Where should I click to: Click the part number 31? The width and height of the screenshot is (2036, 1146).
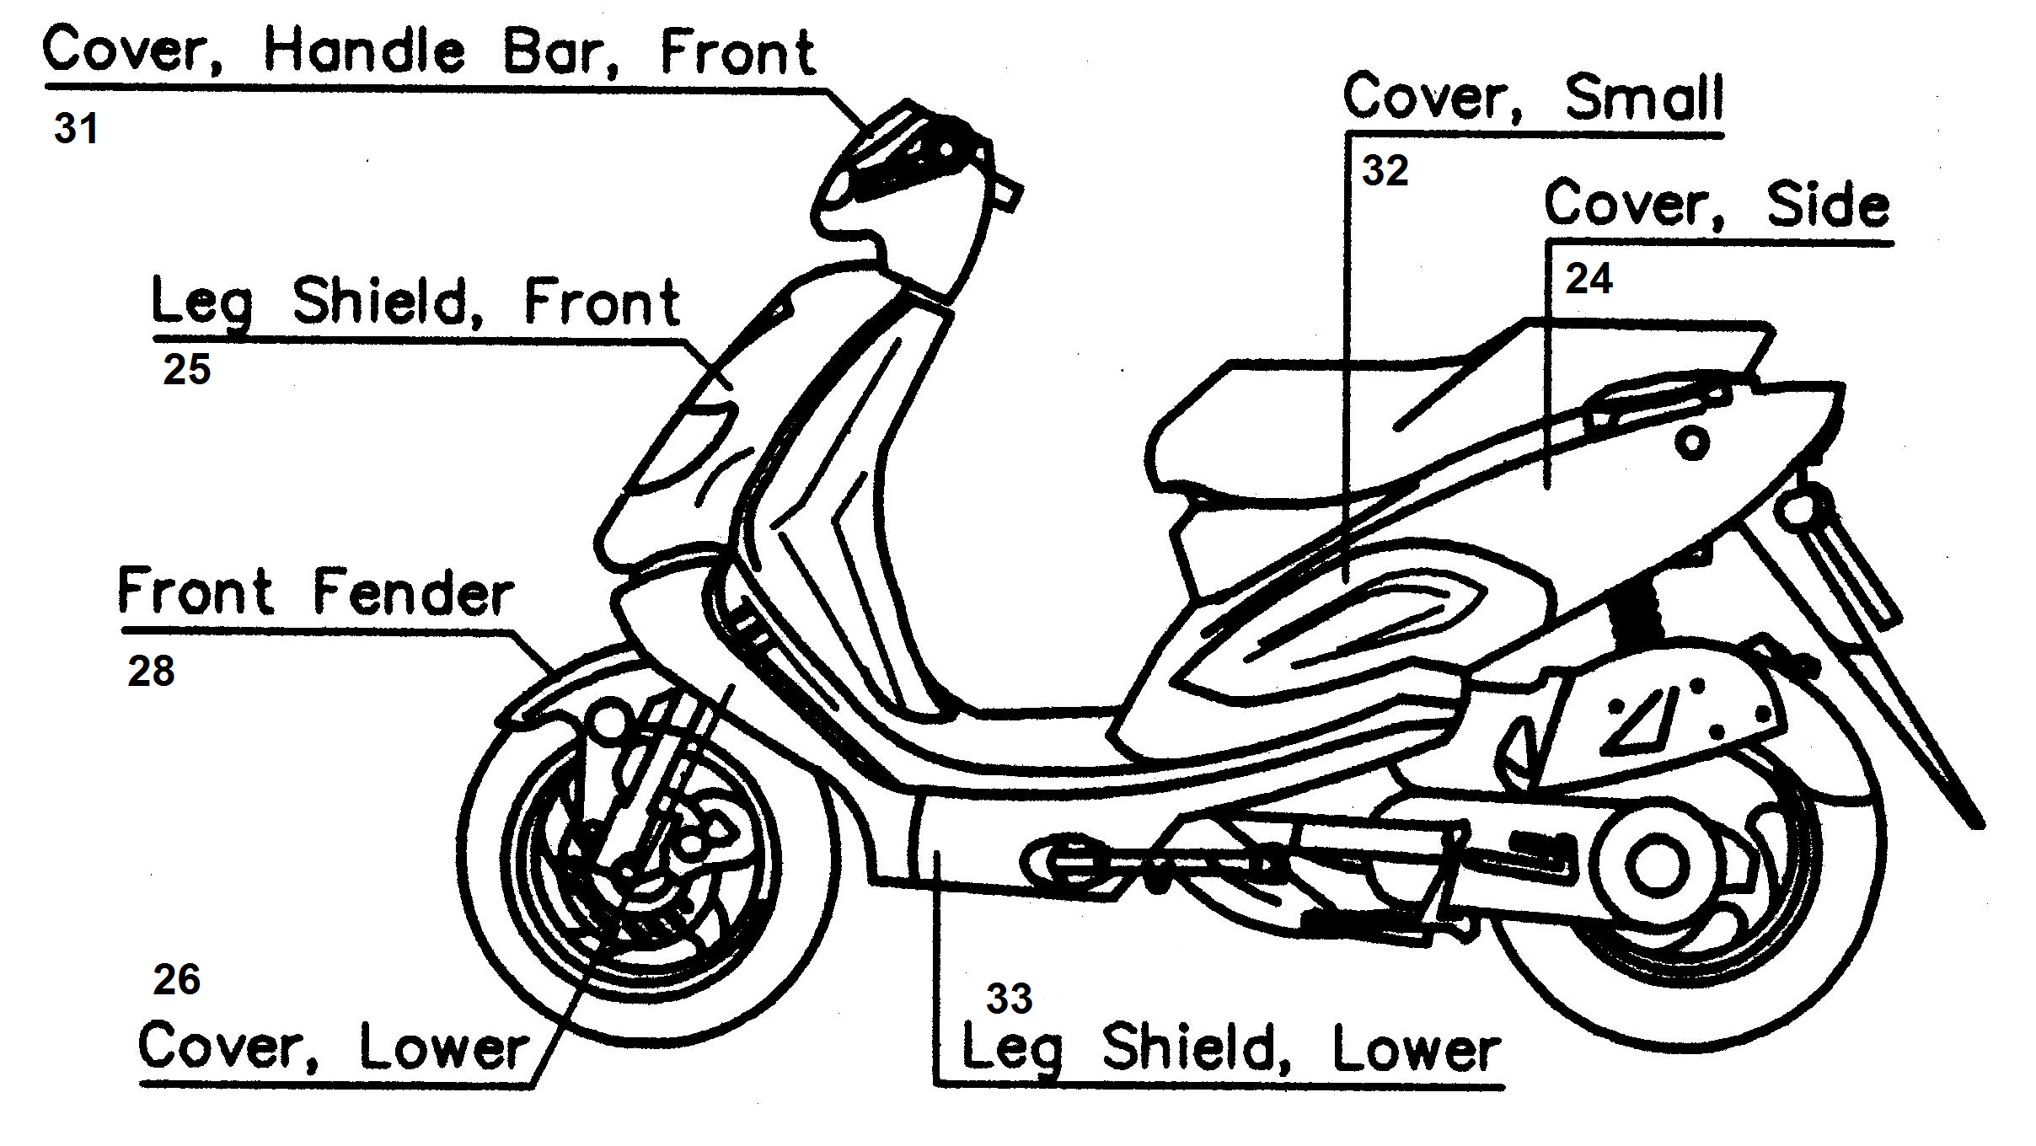(76, 129)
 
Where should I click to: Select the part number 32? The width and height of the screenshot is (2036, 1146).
(1385, 171)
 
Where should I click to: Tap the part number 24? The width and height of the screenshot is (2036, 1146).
(1588, 279)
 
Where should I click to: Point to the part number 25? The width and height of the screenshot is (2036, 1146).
(186, 370)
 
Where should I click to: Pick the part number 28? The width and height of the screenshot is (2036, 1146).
(151, 672)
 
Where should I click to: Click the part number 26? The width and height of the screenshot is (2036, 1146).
(176, 980)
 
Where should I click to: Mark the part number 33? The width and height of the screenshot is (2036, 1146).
(1009, 999)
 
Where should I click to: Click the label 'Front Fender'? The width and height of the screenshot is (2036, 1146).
(315, 592)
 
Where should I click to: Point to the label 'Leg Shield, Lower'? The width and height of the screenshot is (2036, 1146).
(1230, 1049)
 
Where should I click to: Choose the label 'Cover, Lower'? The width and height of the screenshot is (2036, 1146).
(334, 1047)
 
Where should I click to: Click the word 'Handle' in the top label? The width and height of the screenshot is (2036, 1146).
(364, 51)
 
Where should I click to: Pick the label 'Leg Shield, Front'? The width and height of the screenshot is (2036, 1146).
(415, 302)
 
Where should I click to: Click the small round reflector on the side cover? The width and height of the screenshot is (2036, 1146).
(1691, 442)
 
